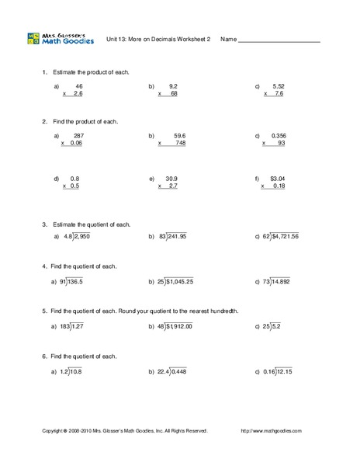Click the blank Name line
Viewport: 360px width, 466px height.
pos(279,40)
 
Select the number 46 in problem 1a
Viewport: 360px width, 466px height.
pos(79,85)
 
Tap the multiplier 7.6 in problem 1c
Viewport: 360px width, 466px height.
pos(279,93)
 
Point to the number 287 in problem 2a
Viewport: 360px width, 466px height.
pos(78,135)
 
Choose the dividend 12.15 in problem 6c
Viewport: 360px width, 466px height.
pos(283,372)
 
